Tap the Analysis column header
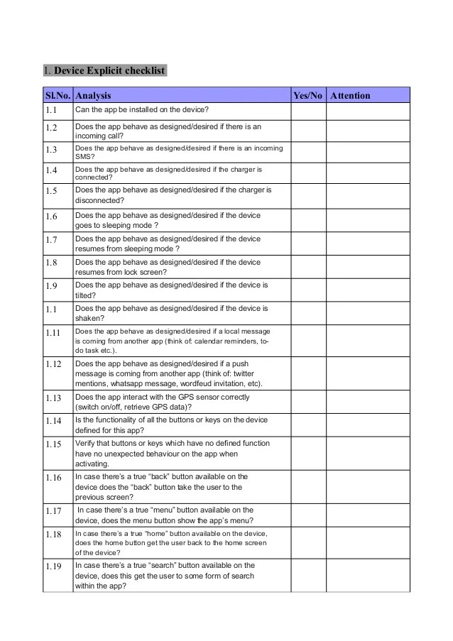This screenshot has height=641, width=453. click(x=93, y=95)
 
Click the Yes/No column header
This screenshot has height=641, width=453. click(x=307, y=95)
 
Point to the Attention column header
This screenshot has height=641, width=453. click(x=351, y=95)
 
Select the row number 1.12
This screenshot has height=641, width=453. click(x=54, y=363)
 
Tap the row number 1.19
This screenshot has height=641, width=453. click(x=54, y=566)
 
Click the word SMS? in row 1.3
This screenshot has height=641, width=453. click(x=84, y=157)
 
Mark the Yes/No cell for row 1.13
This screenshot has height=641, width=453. click(x=308, y=402)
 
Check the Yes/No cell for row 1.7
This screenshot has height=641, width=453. click(x=308, y=243)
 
